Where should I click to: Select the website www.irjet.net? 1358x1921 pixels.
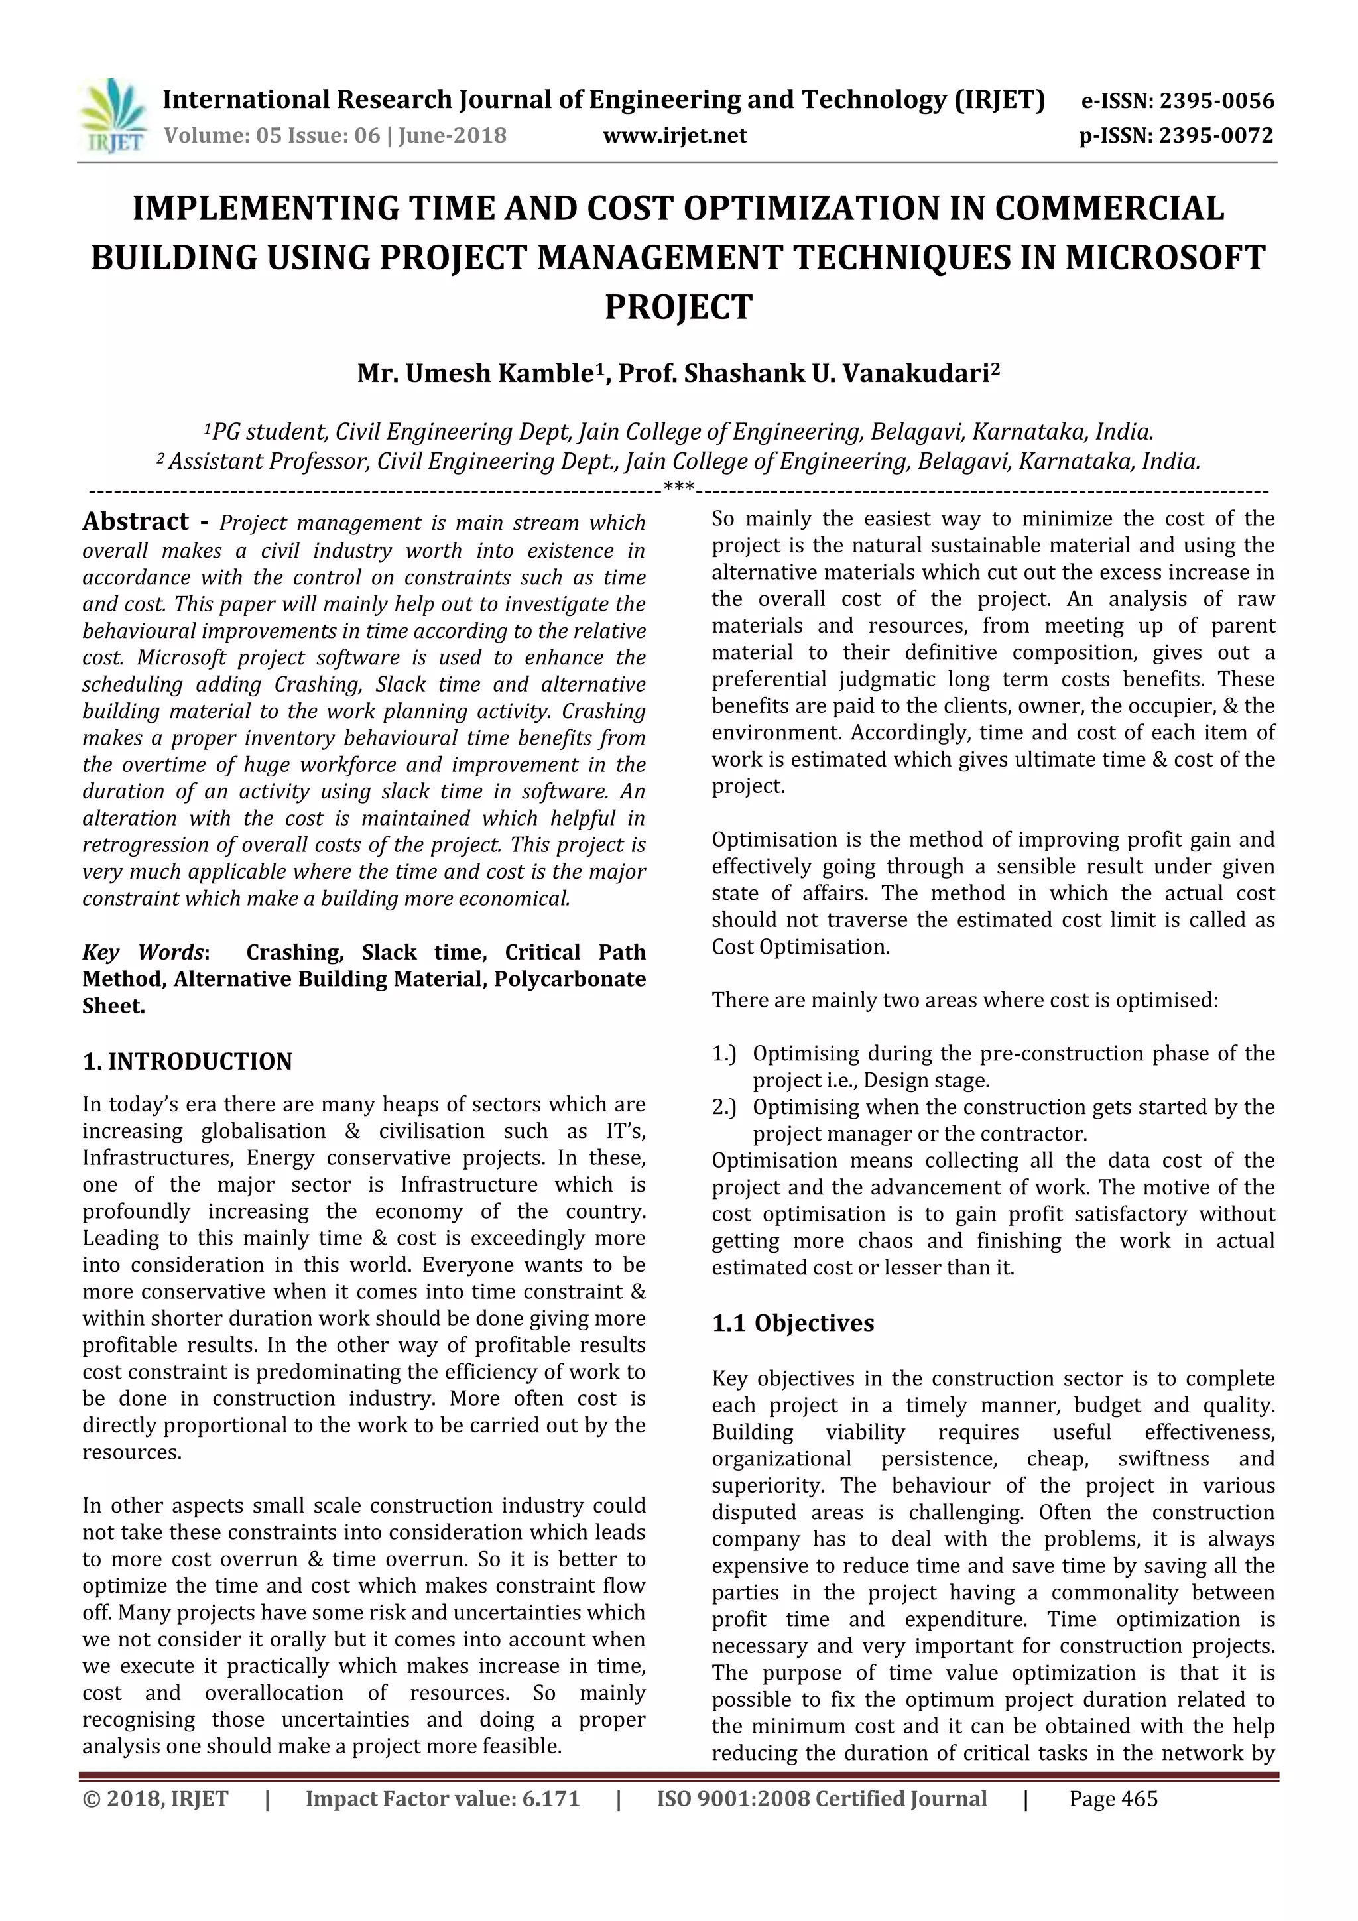[674, 135]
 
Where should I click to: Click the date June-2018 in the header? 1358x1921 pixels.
[453, 135]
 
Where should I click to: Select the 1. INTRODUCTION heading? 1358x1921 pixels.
[188, 1062]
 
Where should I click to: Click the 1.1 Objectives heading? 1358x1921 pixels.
[792, 1323]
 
